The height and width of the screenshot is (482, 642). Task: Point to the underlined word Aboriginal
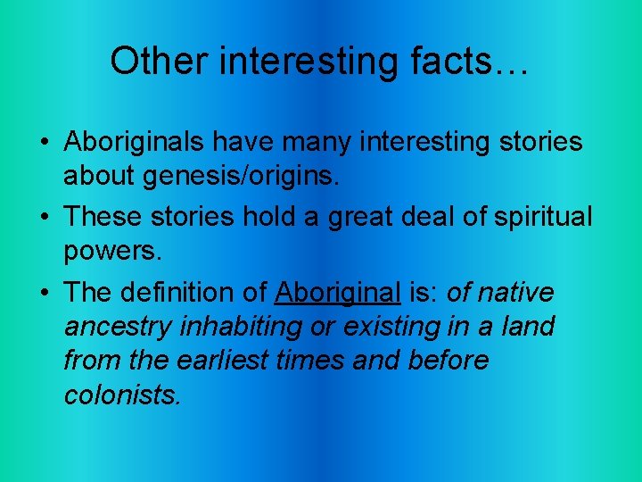pos(338,292)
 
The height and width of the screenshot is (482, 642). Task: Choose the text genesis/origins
pos(240,177)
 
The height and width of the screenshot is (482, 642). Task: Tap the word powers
pos(112,252)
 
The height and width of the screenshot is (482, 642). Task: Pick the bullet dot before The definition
pos(43,293)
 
